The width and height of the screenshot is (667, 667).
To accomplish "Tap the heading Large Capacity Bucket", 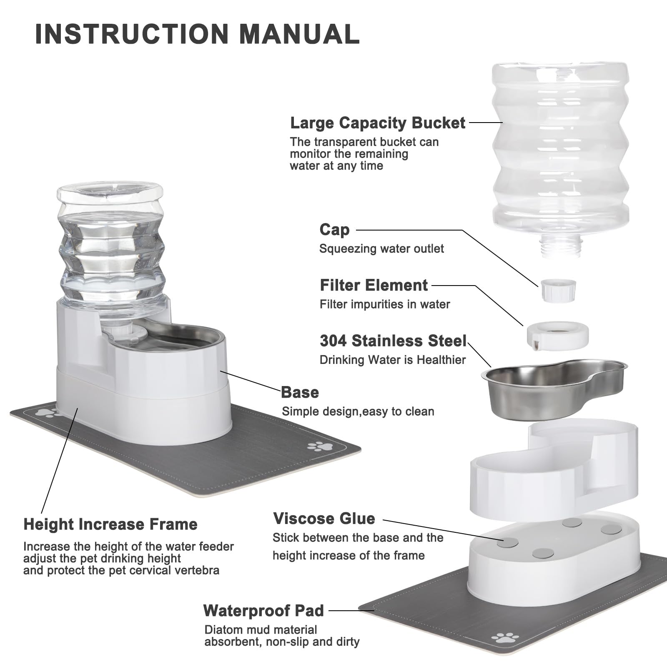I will click(x=377, y=123).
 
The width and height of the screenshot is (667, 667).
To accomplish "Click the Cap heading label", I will click(x=334, y=230).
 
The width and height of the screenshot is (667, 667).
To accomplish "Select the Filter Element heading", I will click(x=374, y=286).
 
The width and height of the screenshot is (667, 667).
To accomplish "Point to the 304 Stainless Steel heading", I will click(x=393, y=341).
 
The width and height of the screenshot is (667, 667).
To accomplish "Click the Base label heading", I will click(x=300, y=392).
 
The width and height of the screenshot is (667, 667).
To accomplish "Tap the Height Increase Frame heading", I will click(x=110, y=524).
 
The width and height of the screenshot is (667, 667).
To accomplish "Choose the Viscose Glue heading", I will click(x=324, y=519).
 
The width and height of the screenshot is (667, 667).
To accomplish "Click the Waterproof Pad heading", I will click(x=263, y=611).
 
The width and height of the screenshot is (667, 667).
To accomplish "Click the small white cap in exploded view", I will click(x=558, y=290).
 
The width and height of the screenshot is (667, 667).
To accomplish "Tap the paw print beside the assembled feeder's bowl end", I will click(x=320, y=446).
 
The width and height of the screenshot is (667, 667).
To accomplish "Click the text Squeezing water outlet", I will click(x=381, y=249).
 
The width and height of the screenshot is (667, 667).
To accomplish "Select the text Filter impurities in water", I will click(x=384, y=304).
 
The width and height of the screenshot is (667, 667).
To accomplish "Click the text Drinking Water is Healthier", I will click(x=392, y=360).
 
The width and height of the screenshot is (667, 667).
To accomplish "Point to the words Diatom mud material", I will click(x=261, y=629).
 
